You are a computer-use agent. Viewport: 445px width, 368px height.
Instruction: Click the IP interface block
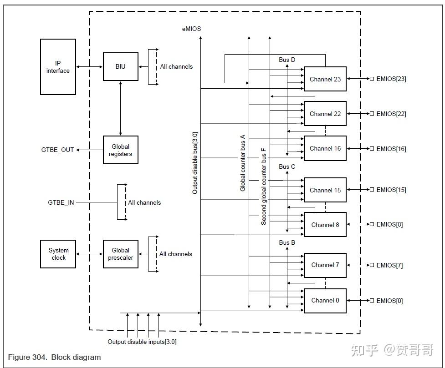58,67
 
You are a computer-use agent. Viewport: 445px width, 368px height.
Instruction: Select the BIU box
120,67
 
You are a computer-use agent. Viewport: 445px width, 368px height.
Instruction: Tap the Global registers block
120,150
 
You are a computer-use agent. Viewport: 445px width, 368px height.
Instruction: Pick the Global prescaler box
120,254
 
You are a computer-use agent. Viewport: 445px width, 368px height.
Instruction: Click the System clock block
58,254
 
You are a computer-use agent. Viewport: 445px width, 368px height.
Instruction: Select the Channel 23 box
325,79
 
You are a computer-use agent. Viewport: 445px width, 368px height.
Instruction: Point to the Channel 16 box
325,148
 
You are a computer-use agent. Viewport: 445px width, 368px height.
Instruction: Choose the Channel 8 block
325,225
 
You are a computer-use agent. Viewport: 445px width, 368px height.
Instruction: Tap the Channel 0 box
325,300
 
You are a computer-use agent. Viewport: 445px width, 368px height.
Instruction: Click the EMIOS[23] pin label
391,79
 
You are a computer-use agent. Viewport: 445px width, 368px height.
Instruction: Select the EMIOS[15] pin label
391,190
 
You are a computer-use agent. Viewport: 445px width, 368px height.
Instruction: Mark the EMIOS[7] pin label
389,265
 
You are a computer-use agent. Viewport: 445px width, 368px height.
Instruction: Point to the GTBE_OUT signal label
57,150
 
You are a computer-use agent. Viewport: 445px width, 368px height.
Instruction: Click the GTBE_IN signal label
61,202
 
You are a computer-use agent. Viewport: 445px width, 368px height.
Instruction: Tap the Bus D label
287,60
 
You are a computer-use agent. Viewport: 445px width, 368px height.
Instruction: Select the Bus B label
287,242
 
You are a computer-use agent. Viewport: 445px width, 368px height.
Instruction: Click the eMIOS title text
191,29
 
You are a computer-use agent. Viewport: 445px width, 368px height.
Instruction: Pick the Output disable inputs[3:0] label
142,342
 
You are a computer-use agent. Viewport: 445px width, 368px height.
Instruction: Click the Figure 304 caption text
55,357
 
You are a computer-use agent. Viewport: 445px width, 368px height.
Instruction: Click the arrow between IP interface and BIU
89,67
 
